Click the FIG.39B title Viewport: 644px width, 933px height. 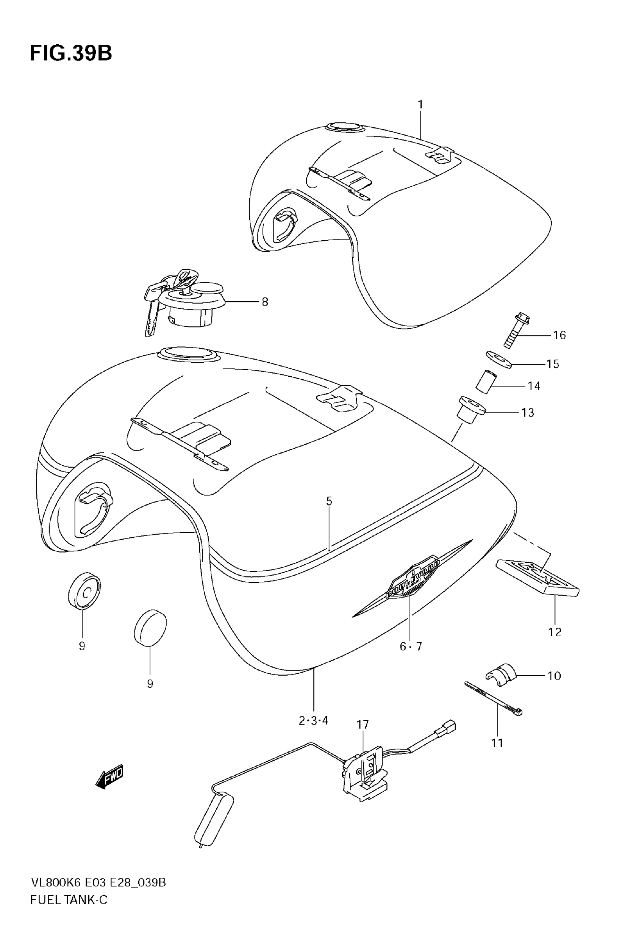point(71,53)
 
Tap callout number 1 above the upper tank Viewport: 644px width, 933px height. point(420,105)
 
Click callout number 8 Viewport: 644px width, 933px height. point(265,302)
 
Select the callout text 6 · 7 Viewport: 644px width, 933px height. point(411,647)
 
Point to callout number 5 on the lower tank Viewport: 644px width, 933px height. point(329,501)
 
